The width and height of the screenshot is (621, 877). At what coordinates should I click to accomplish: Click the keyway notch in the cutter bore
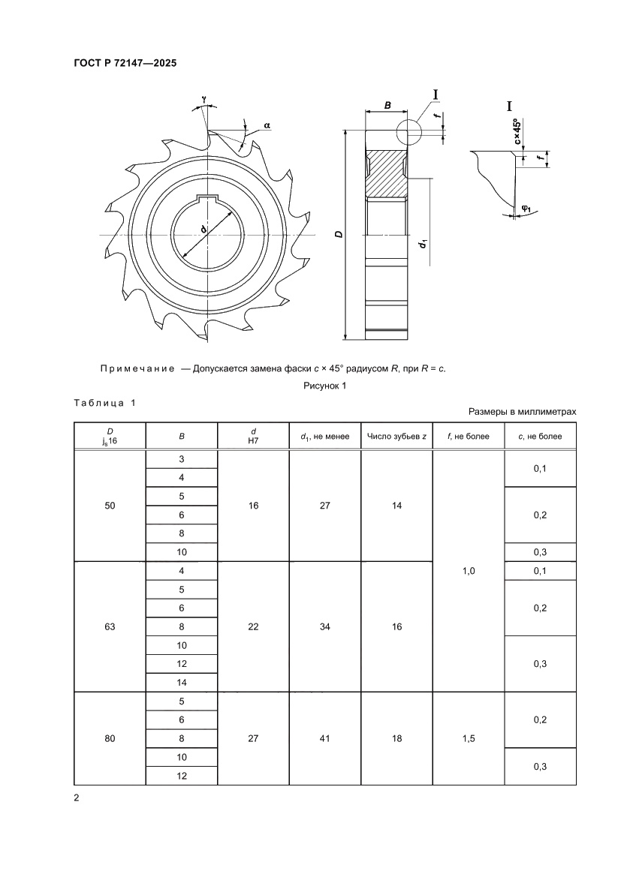pos(207,200)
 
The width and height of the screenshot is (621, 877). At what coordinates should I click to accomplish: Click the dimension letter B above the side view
pos(387,107)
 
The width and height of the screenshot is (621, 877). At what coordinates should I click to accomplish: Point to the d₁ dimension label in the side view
pos(424,243)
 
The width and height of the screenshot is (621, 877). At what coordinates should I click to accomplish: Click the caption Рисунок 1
pos(324,386)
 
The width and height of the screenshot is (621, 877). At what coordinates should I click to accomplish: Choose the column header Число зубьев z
pos(396,436)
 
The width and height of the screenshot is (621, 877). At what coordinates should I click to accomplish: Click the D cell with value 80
pos(110,738)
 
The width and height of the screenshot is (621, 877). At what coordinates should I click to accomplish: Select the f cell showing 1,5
pos(469,738)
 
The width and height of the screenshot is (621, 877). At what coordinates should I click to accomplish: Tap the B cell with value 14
pos(181,683)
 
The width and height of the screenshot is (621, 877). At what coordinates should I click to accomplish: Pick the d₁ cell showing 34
pos(324,626)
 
